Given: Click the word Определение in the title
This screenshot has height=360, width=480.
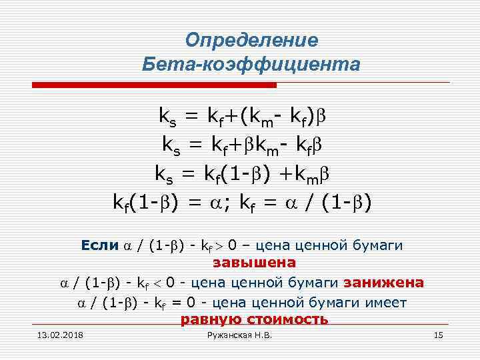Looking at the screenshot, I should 251,40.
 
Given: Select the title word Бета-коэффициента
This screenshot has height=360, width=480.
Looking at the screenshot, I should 251,65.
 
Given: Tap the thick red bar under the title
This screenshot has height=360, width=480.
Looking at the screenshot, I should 155,85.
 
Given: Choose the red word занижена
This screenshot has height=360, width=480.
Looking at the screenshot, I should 383,283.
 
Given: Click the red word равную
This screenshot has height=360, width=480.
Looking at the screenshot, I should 211,319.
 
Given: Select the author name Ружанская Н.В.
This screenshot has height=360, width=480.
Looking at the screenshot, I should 240,335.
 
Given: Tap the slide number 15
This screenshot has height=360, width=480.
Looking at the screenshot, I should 438,335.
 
